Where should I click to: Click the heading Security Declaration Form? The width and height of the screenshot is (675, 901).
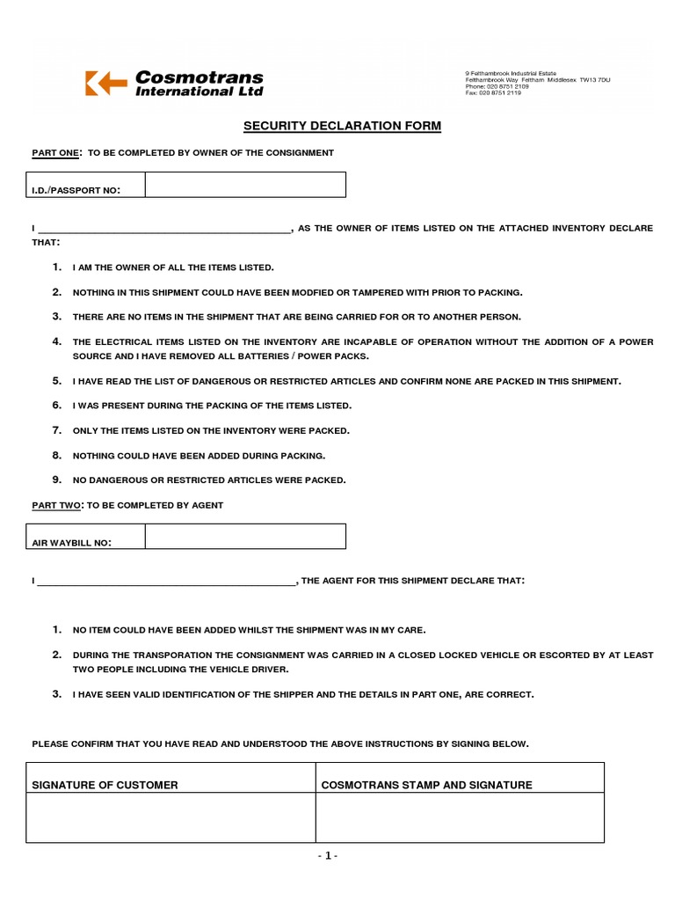coord(342,126)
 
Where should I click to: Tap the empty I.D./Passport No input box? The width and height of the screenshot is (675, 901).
coord(245,185)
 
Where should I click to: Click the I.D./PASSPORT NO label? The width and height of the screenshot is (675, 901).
coord(76,190)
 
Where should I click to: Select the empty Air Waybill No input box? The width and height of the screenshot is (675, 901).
coord(245,537)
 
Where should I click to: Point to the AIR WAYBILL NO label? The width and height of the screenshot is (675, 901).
coord(72,543)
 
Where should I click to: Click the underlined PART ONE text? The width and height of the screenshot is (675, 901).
coord(55,153)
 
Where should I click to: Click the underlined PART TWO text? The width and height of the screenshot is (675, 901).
coord(56,505)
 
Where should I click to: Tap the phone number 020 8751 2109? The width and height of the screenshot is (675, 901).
coord(509,86)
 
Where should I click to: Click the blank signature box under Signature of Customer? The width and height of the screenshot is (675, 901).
coord(171,817)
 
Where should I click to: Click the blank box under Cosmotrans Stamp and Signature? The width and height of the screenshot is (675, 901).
coord(460,817)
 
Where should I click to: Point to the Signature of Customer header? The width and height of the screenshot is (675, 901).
coord(105,785)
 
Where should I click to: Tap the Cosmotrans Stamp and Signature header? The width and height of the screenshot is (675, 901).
coord(426,785)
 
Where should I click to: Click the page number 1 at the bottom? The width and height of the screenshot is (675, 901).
coord(328,855)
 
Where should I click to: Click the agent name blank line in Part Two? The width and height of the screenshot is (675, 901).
coord(167,582)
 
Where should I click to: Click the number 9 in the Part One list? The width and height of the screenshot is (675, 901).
coord(56,480)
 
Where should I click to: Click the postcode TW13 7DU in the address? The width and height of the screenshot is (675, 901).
coord(594,80)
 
